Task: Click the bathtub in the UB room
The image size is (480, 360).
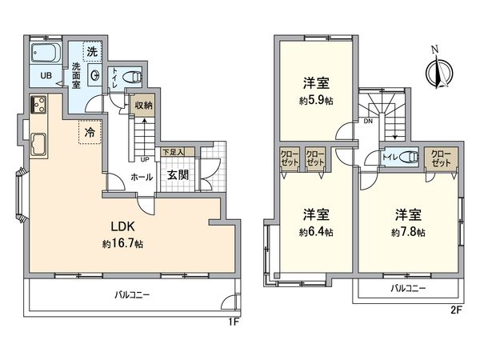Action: click(x=45, y=54)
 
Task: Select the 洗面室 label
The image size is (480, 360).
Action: click(x=78, y=76)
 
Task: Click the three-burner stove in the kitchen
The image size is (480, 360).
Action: click(x=38, y=105)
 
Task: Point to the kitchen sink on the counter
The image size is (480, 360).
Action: click(x=38, y=146)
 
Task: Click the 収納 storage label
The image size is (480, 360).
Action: click(x=143, y=104)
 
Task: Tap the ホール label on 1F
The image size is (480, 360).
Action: click(x=142, y=177)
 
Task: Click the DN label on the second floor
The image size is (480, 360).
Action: click(x=367, y=122)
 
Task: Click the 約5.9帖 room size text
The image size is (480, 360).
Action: click(x=318, y=102)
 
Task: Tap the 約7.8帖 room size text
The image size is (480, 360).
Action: click(x=408, y=232)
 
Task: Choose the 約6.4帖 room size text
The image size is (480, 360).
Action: click(x=318, y=232)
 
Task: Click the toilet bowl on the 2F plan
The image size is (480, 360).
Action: click(x=407, y=157)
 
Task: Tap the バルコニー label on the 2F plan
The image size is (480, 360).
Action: click(x=408, y=288)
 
